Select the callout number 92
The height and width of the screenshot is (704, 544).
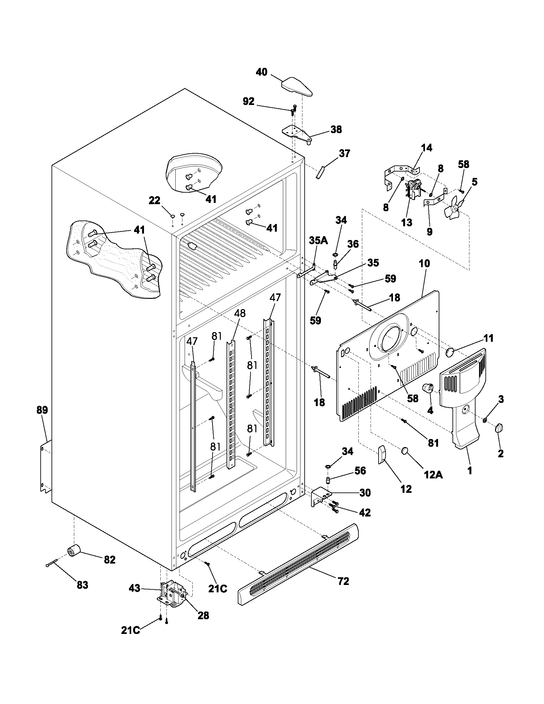pyautogui.click(x=248, y=102)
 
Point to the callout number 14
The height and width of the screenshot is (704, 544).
pyautogui.click(x=427, y=148)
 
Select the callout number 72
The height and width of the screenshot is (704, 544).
pyautogui.click(x=343, y=581)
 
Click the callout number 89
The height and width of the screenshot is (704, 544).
pyautogui.click(x=42, y=410)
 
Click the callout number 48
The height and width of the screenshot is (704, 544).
pyautogui.click(x=240, y=313)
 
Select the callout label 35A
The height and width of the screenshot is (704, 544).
pyautogui.click(x=318, y=240)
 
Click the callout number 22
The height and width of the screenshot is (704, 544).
pyautogui.click(x=154, y=201)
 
